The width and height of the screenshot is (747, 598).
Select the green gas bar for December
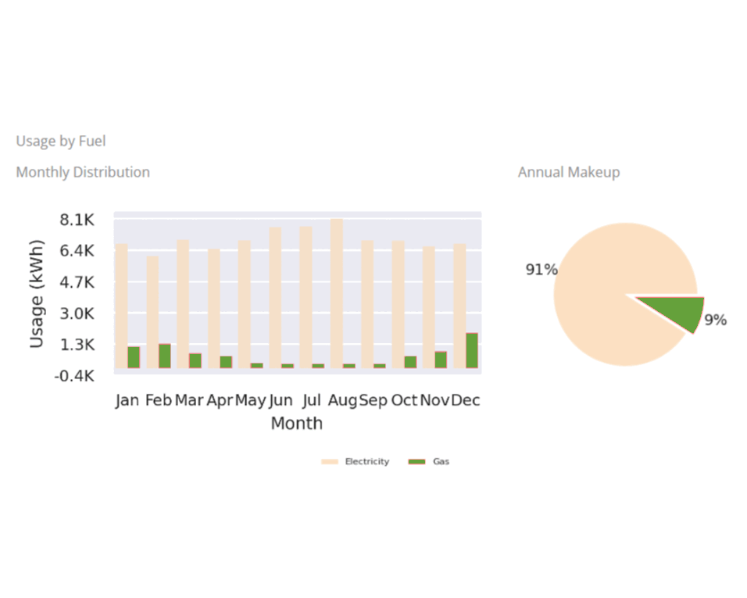click(472, 350)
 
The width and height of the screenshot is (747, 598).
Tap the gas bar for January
click(134, 357)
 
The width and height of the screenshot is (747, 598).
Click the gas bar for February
click(164, 356)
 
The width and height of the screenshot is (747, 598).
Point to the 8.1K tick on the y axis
click(77, 220)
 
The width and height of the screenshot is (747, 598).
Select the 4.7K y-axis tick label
click(77, 282)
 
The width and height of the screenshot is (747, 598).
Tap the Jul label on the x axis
click(312, 400)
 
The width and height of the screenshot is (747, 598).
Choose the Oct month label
click(404, 400)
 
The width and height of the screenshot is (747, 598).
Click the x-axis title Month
click(296, 424)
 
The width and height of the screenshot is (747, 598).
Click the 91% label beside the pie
click(541, 270)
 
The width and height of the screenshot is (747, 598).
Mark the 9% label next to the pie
click(715, 320)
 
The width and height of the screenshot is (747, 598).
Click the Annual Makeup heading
click(569, 172)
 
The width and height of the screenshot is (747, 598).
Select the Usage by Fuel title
click(61, 141)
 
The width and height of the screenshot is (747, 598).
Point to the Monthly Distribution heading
click(83, 172)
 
